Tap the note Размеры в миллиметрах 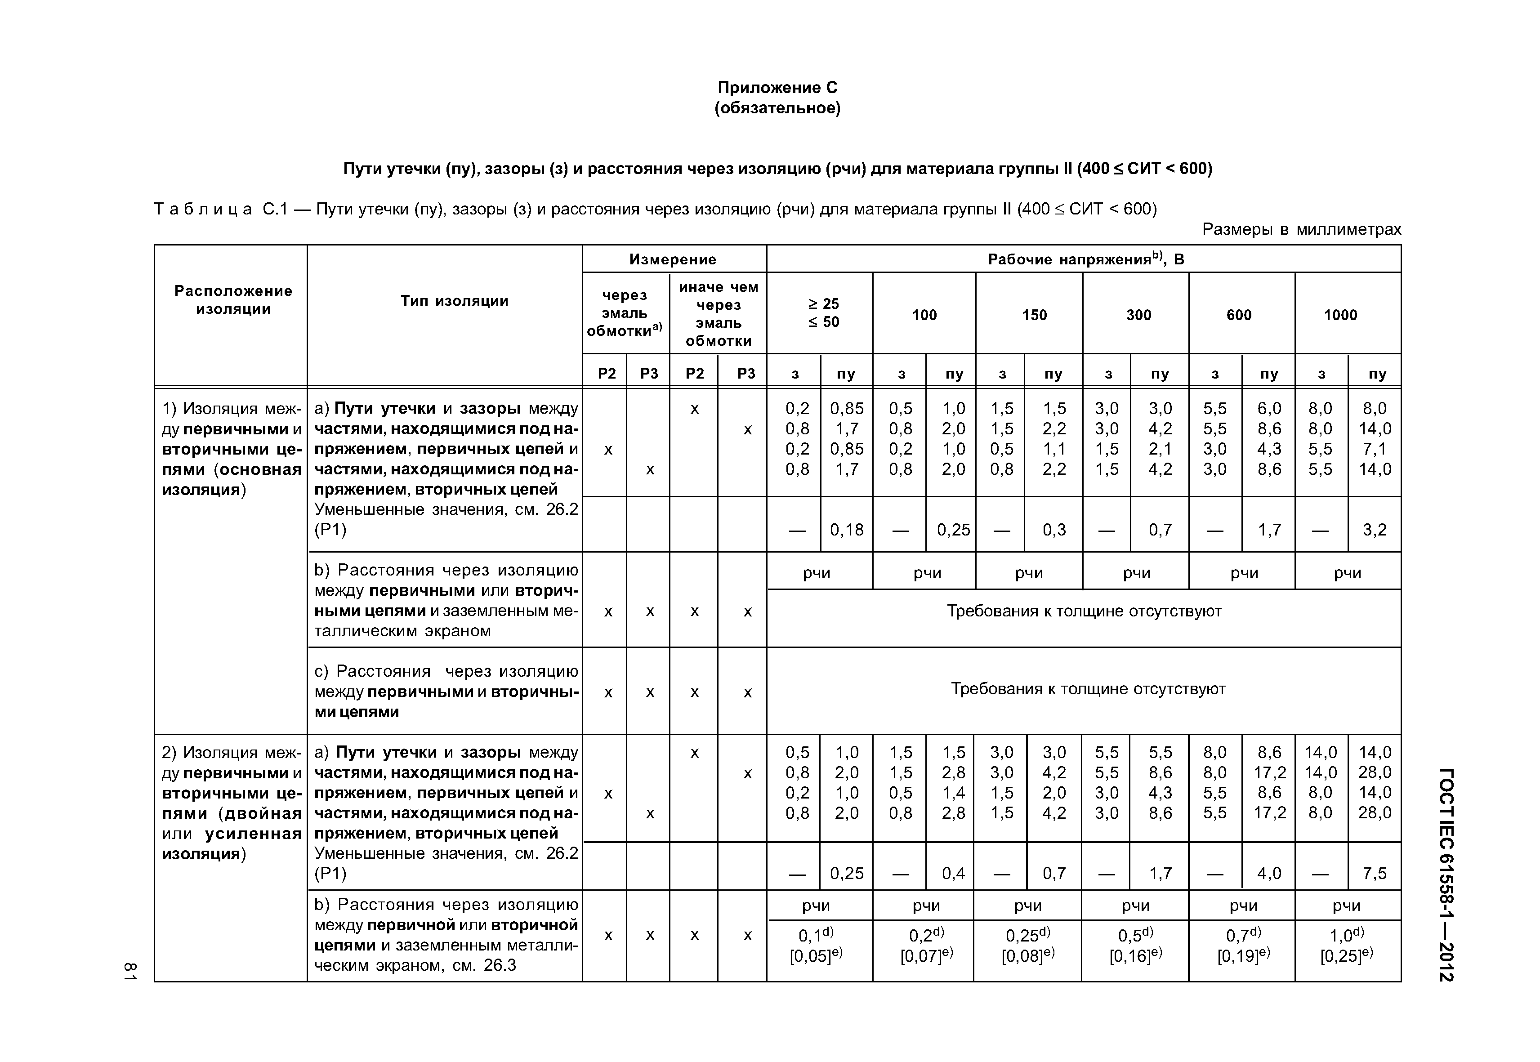1301,230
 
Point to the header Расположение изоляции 233,300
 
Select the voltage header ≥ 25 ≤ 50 823,313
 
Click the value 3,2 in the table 1374,530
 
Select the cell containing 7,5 1374,873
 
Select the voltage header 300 1138,315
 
